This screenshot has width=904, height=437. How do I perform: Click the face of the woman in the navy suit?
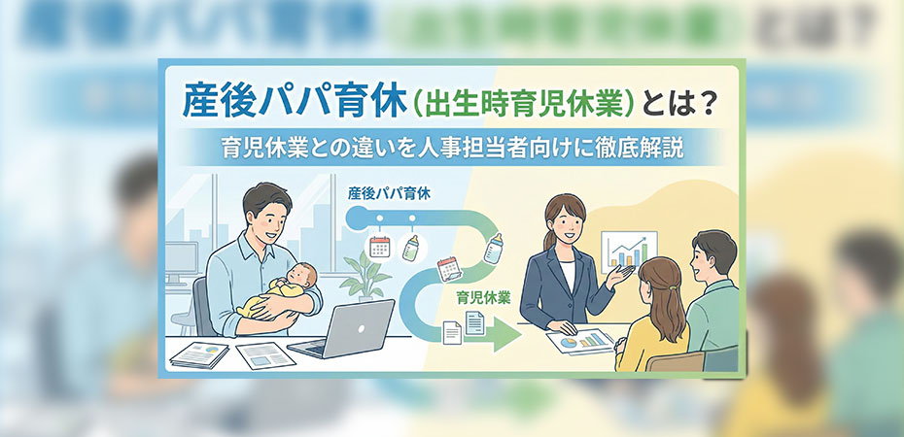pos(563,218)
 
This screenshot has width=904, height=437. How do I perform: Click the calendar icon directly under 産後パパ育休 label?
pos(379,246)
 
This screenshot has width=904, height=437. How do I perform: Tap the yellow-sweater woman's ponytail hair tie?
pos(664,286)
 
